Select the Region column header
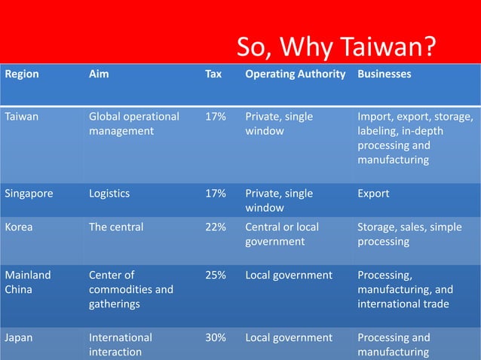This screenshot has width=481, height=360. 22,75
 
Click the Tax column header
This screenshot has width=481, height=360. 213,75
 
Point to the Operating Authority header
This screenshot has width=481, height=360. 295,75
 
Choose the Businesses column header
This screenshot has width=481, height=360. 384,75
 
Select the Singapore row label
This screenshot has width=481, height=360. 29,194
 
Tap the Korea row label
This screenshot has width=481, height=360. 20,227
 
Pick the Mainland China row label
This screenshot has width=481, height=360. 29,282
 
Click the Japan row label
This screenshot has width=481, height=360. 19,337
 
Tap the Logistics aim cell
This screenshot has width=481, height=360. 109,194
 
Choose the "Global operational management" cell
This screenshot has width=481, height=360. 133,124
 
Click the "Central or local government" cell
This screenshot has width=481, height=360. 282,234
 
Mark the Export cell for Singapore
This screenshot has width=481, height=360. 373,194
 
